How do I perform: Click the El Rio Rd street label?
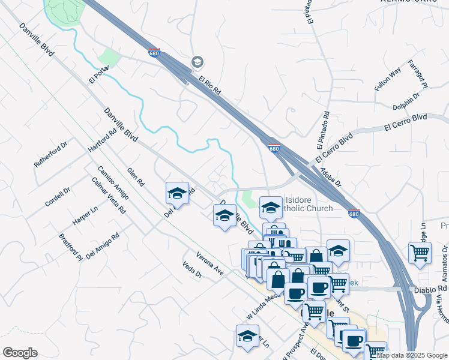pos(211,86)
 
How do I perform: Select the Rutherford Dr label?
pos(50,155)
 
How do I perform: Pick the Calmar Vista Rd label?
pos(109,196)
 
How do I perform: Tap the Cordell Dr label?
pos(58,196)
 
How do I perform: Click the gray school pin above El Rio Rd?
pos(197,62)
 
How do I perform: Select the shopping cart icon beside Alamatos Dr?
pos(420,252)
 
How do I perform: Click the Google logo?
pos(20,353)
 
